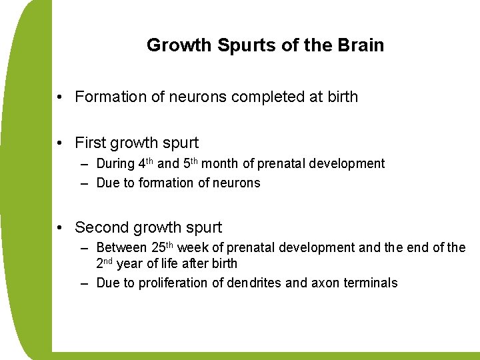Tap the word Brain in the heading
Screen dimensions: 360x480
coord(361,45)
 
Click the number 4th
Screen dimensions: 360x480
coord(145,163)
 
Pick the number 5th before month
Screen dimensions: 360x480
coord(190,163)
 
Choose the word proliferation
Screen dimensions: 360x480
coord(171,283)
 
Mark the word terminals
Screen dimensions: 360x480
coord(371,283)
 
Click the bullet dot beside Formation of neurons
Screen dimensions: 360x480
coord(61,97)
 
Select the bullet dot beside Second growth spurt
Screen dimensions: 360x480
coord(61,228)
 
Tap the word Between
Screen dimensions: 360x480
coord(122,247)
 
